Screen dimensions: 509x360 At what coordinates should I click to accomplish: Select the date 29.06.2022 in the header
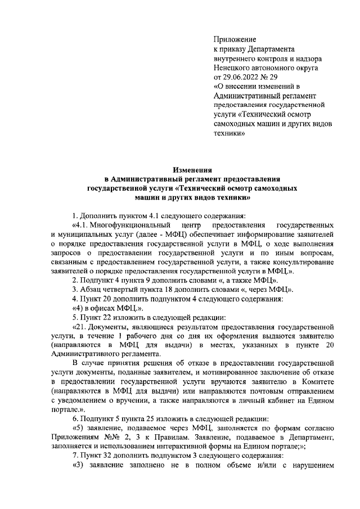click(243, 76)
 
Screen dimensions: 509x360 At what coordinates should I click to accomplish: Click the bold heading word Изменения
click(192, 169)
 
